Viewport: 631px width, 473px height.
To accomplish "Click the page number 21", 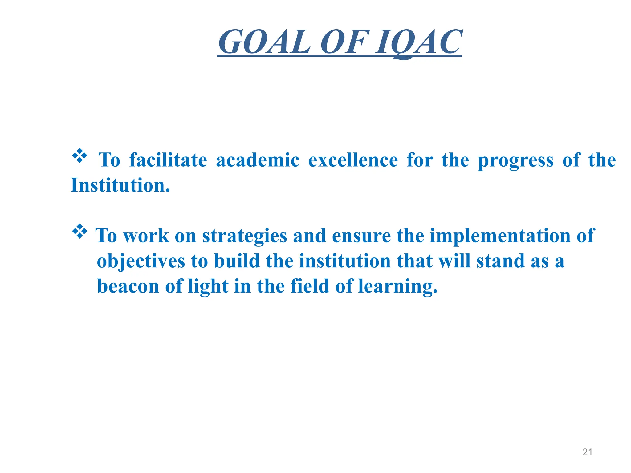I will [x=588, y=452].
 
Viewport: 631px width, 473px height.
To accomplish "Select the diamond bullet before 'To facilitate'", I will [x=80, y=156].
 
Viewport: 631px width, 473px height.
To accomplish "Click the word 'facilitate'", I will [x=168, y=160].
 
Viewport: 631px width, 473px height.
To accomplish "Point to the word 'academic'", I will [x=258, y=160].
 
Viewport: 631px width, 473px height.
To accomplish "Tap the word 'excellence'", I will [x=353, y=160].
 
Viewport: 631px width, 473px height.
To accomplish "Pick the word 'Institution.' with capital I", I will [x=120, y=185].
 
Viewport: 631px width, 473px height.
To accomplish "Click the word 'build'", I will [x=237, y=261].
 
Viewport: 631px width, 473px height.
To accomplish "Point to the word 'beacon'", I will [x=128, y=286].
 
